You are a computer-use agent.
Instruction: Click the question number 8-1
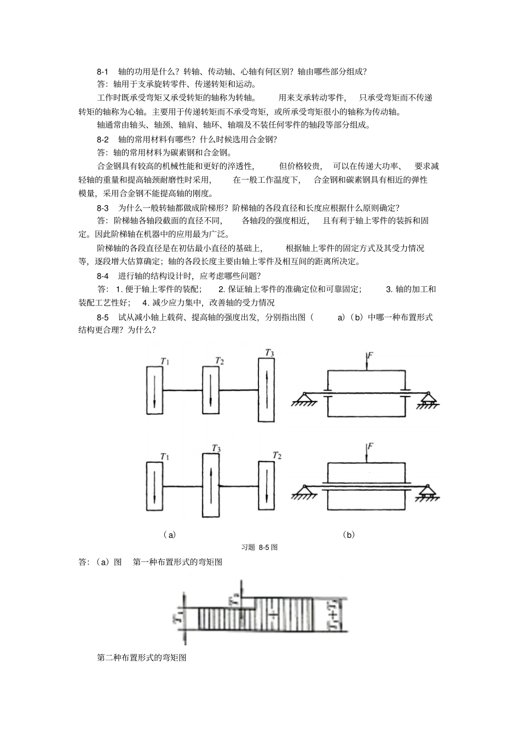[103, 71]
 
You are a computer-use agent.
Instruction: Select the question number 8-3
[103, 207]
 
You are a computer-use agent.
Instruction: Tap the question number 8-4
[103, 275]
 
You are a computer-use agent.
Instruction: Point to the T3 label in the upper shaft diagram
[269, 353]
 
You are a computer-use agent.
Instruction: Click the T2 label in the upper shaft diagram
[219, 361]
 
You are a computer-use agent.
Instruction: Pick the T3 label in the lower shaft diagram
[216, 449]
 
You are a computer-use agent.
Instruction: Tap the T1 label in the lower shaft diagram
[164, 456]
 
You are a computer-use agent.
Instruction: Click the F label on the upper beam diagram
[371, 356]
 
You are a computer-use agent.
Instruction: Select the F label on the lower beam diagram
[371, 447]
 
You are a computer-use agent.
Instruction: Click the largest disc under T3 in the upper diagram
[267, 390]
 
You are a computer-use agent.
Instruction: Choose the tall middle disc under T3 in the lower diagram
[211, 486]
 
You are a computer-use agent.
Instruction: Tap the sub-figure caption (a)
[170, 535]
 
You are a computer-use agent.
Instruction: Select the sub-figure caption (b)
[349, 535]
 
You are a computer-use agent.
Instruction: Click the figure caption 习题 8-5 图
[259, 547]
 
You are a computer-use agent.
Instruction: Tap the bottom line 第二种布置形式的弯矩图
[142, 657]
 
